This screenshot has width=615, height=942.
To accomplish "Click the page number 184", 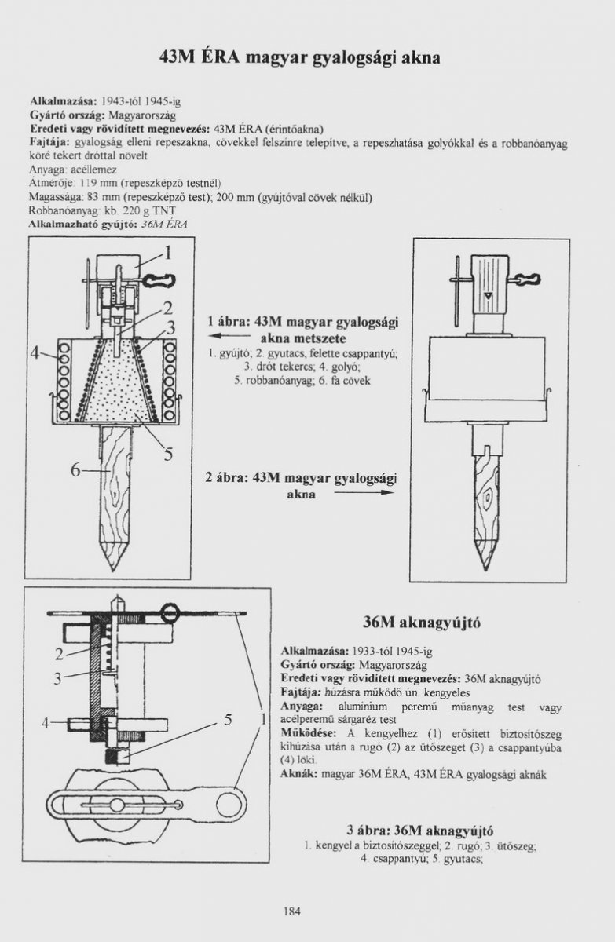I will (x=291, y=911).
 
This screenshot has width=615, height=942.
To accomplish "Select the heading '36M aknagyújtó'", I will (x=421, y=623).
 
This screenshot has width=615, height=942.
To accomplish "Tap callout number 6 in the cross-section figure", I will (x=75, y=469).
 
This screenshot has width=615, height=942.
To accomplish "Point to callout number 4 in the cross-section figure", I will (x=35, y=352).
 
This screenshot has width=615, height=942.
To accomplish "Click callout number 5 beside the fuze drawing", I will (x=227, y=718).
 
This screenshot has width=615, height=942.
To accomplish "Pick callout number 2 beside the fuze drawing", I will (x=60, y=652).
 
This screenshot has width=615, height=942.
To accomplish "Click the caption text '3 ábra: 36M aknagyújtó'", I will (x=419, y=831).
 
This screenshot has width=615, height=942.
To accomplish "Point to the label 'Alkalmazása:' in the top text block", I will (x=63, y=102).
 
